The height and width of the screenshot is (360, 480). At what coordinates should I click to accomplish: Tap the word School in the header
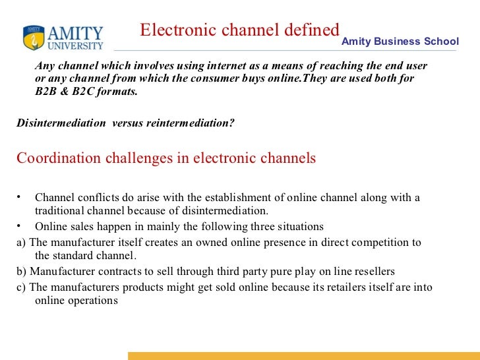pyautogui.click(x=442, y=41)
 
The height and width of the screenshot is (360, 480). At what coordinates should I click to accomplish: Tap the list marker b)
pyautogui.click(x=21, y=271)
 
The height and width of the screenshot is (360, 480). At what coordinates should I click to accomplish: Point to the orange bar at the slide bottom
pyautogui.click(x=303, y=355)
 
